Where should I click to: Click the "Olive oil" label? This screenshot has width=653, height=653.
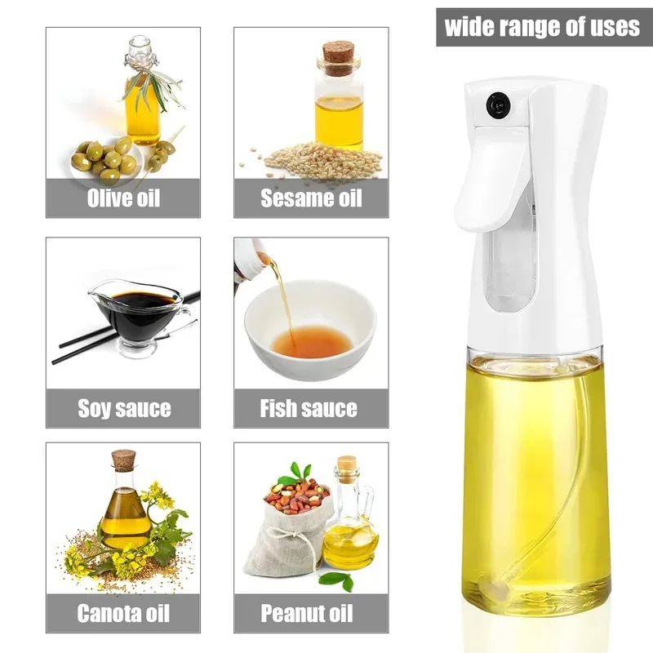[x=123, y=198]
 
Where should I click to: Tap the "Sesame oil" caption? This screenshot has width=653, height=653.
[x=311, y=198]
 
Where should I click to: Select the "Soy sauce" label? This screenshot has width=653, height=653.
[x=124, y=407]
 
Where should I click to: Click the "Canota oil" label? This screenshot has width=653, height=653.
[x=124, y=612]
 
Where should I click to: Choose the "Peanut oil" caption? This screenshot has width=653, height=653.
[x=311, y=612]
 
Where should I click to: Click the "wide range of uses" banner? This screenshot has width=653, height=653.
[x=542, y=27]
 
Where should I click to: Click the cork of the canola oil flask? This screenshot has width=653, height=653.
[x=122, y=460]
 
